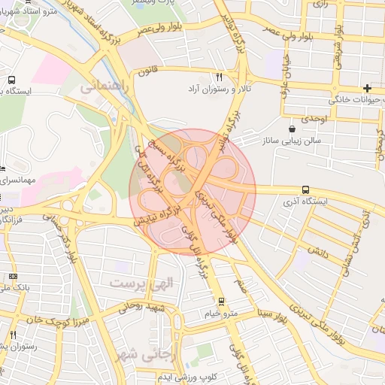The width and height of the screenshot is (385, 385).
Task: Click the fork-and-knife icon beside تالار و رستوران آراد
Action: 219,77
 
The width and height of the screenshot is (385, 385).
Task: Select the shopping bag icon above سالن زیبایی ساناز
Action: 291,129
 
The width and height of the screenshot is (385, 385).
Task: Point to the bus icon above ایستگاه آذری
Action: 305,190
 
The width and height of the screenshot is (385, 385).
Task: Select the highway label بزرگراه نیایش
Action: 157,214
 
